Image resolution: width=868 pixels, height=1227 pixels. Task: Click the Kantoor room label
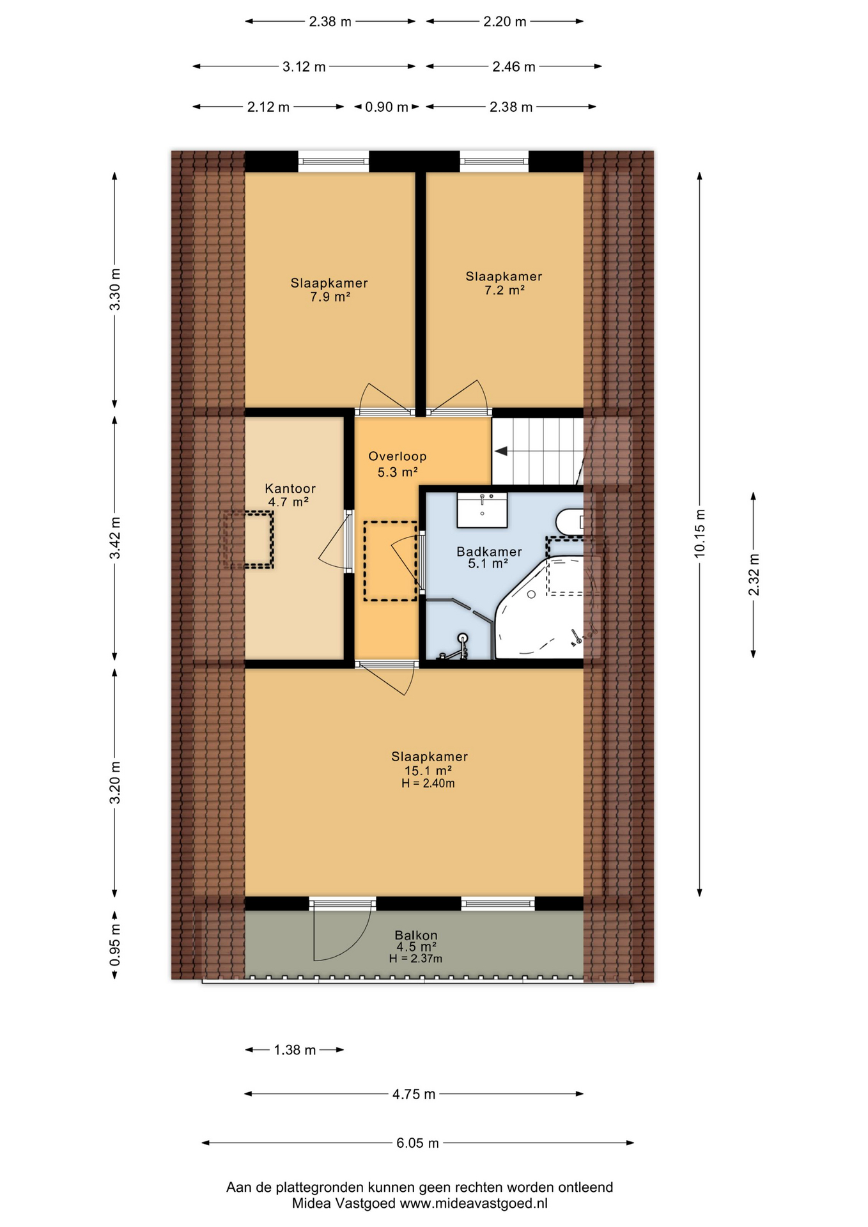coord(290,488)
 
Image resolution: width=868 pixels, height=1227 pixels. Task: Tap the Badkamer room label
coord(489,552)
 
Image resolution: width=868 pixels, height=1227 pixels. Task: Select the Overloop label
coord(397,456)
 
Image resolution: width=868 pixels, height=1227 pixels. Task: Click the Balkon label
coord(416,935)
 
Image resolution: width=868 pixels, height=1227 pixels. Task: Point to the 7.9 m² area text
coord(330,297)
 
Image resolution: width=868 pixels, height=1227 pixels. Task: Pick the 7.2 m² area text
coord(504,290)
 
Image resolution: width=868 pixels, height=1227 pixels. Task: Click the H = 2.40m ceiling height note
coord(428,783)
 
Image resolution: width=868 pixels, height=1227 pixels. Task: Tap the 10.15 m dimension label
coord(700,533)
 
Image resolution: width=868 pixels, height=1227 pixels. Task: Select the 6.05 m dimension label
coord(418,1143)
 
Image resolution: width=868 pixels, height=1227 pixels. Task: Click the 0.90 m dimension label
coord(387,107)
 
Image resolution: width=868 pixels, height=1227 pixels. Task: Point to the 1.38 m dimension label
coord(295,1050)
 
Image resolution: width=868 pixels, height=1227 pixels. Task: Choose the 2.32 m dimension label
coord(754,575)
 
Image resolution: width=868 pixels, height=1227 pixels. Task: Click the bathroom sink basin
coord(482,510)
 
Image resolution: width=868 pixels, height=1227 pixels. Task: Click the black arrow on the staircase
coord(502,451)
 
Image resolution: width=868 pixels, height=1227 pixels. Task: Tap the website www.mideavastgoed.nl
coord(474,1203)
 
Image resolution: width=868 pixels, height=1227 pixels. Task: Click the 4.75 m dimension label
coord(414,1094)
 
